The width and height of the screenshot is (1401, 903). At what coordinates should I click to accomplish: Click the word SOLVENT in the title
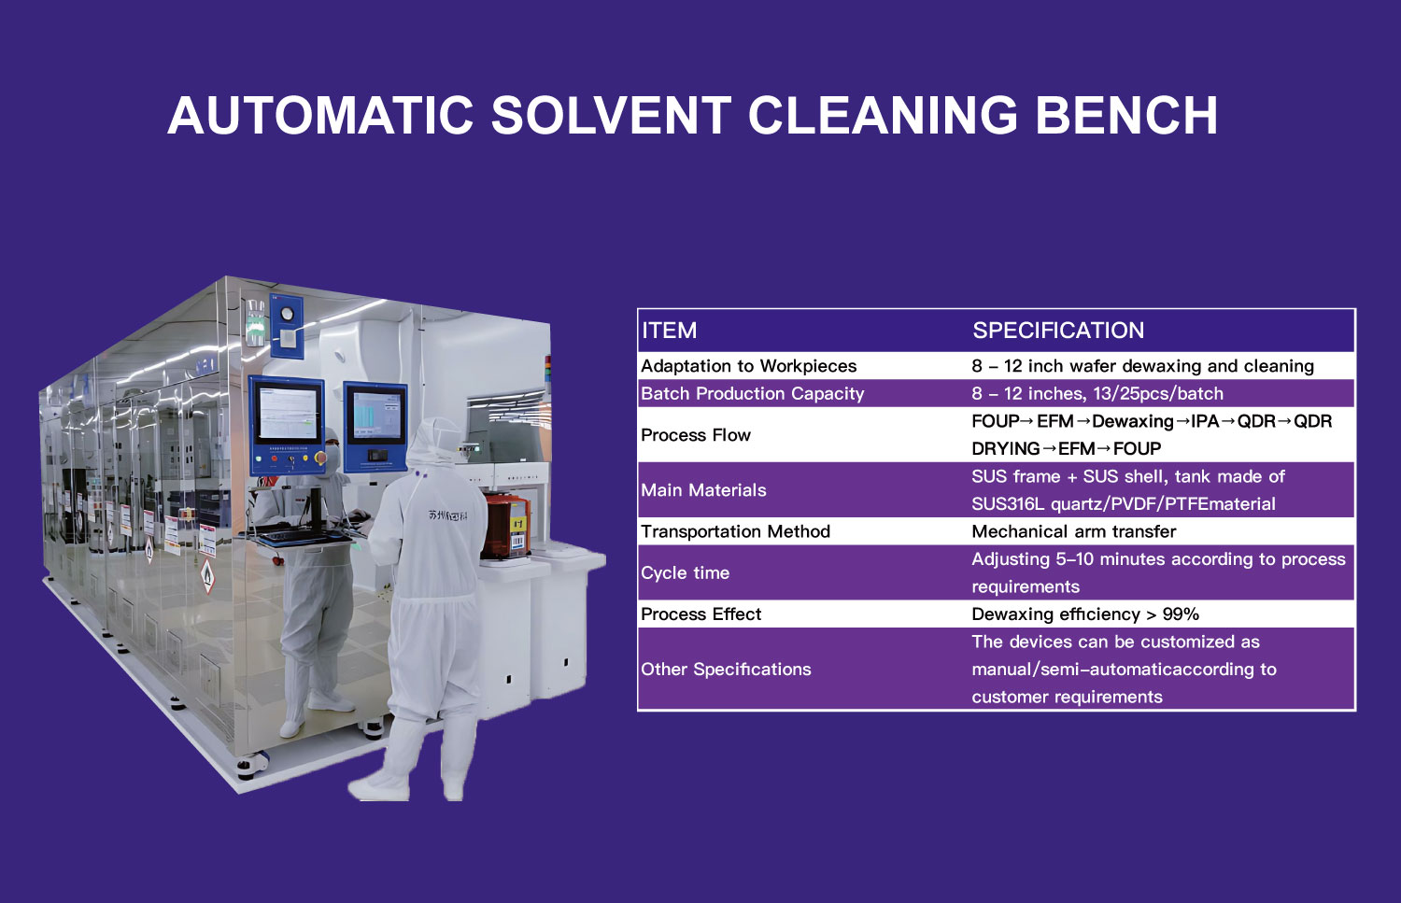611,116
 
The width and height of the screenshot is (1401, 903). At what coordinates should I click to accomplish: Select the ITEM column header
669,331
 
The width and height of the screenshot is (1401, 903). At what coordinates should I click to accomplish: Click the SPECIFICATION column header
1058,331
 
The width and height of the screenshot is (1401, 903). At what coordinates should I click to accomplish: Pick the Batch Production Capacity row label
753,393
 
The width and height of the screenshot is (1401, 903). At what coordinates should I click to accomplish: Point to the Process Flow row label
696,434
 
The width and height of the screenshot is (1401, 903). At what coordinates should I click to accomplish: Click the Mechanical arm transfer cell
1074,531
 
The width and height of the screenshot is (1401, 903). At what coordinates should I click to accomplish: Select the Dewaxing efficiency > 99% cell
1085,614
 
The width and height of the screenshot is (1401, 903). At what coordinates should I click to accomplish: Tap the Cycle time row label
685,572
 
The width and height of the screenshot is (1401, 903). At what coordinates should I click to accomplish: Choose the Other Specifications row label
726,670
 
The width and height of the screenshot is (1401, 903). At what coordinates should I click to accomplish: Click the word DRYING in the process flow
1006,448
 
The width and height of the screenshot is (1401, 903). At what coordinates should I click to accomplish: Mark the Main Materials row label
703,489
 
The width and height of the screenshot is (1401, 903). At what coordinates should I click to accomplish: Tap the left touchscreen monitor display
287,412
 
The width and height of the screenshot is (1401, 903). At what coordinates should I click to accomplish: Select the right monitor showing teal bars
376,415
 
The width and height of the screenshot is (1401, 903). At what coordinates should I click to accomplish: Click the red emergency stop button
320,458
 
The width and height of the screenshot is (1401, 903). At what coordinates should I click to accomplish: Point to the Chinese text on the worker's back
447,515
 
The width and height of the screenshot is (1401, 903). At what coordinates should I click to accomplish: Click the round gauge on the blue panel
287,314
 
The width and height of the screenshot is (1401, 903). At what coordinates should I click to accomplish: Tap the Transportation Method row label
736,531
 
